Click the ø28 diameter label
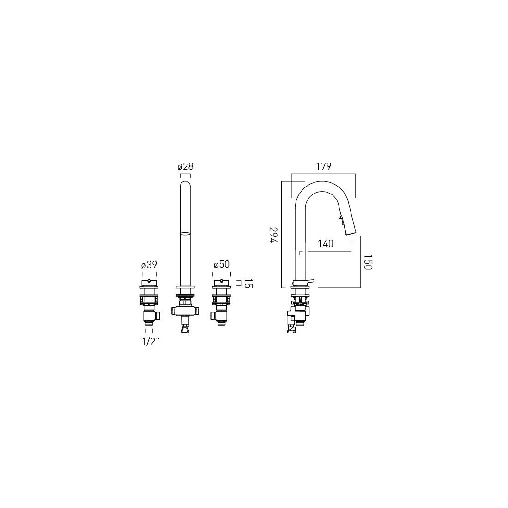tap(185, 167)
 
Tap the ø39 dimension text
tap(149, 265)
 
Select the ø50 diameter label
tap(222, 264)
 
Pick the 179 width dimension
tap(324, 166)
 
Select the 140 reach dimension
tap(326, 243)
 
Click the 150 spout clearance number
tap(368, 262)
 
